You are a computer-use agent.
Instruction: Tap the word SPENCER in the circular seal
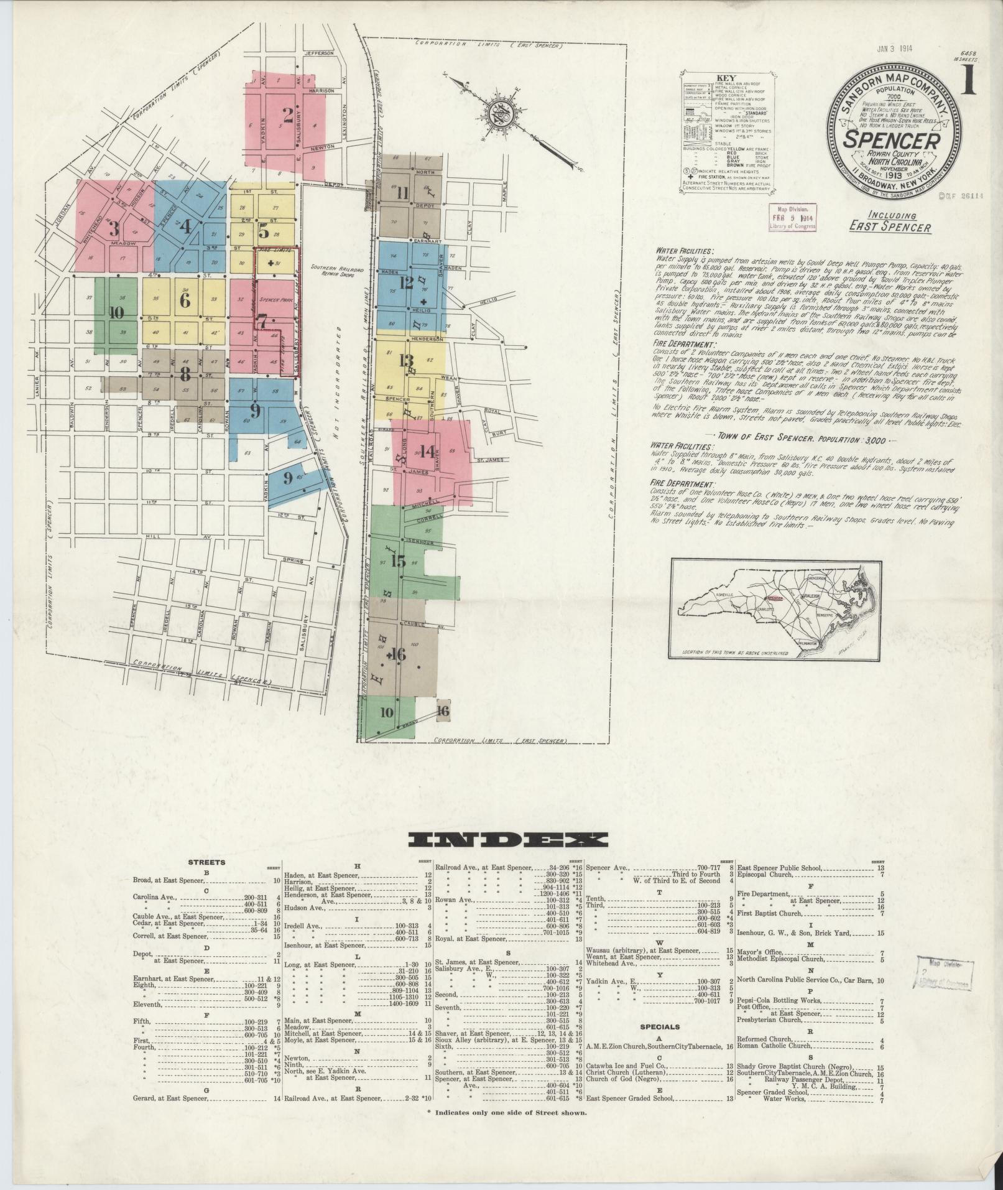[891, 140]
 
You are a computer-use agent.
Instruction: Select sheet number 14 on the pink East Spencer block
[427, 452]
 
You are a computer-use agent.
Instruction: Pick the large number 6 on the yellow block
[184, 300]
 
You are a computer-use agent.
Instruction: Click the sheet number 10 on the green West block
[116, 313]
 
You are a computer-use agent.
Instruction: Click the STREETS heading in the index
[205, 862]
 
